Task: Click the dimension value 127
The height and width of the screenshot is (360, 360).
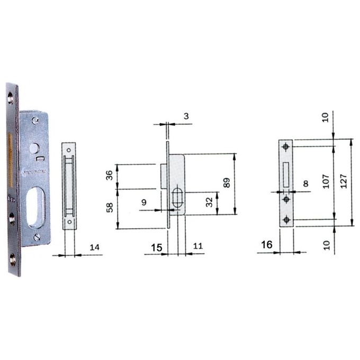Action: tap(344, 181)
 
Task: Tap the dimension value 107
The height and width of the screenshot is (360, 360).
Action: tap(326, 181)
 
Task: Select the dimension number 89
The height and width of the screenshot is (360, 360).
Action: tap(227, 183)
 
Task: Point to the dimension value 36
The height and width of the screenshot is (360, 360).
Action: tap(109, 175)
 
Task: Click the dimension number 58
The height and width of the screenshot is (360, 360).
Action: tap(110, 208)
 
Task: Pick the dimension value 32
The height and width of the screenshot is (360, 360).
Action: tap(209, 202)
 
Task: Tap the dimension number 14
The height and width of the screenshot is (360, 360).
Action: tap(95, 247)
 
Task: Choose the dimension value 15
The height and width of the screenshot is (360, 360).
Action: tap(157, 248)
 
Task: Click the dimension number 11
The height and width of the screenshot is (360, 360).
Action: tap(198, 246)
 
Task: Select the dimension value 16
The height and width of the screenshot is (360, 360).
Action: tap(267, 245)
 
